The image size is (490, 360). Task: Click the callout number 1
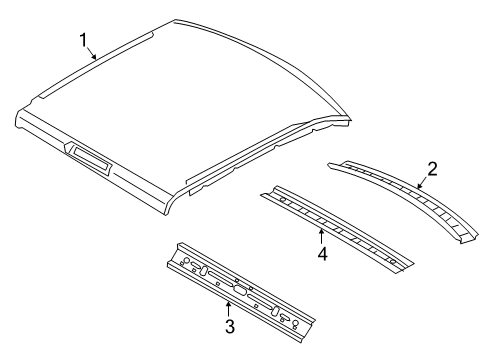tap(85, 39)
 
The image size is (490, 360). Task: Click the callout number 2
tap(432, 169)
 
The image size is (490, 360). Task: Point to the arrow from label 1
tap(93, 54)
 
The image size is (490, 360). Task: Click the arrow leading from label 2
tap(420, 182)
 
